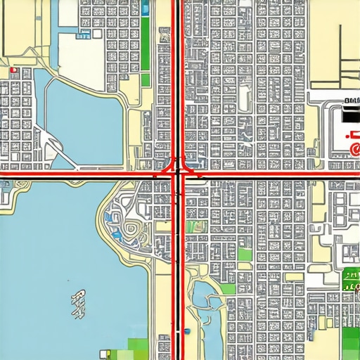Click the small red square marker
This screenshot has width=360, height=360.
pyautogui.click(x=13, y=70)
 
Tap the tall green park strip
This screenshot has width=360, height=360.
pyautogui.click(x=146, y=42)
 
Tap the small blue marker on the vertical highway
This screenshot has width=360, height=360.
pyautogui.click(x=187, y=330)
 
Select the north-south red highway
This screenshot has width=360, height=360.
pyautogui.click(x=178, y=84)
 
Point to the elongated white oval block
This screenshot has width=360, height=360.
pyautogui.click(x=244, y=95)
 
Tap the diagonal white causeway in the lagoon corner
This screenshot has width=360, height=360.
pyautogui.click(x=53, y=144)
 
